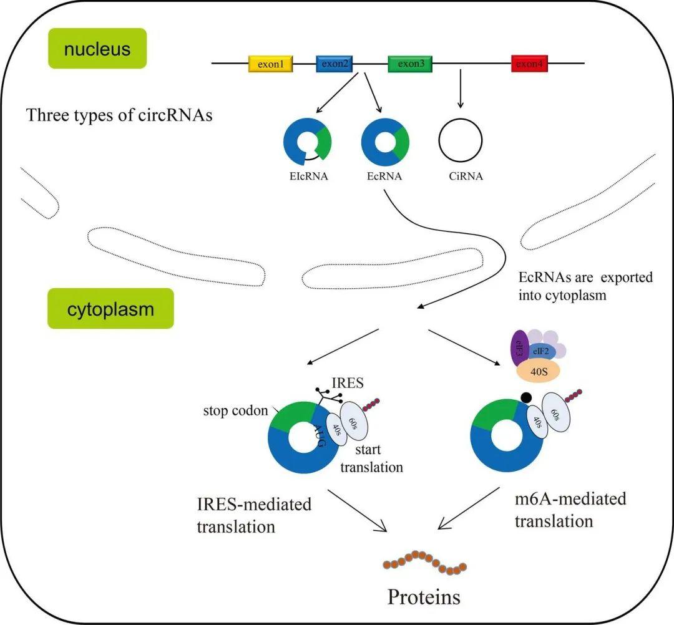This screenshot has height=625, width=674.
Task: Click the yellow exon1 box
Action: click(x=271, y=64)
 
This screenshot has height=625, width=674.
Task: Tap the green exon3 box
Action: click(x=411, y=64)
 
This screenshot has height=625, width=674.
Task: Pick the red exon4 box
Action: click(x=530, y=64)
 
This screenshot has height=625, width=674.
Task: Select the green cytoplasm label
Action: click(x=110, y=308)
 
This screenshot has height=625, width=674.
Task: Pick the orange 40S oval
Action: click(x=540, y=372)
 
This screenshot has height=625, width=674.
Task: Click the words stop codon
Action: click(x=234, y=412)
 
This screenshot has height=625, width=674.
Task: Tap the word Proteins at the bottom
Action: click(x=424, y=597)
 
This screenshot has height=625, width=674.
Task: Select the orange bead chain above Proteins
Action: click(x=424, y=562)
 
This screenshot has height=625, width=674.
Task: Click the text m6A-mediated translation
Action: click(x=570, y=510)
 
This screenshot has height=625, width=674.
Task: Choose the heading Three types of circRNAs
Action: click(x=119, y=115)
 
